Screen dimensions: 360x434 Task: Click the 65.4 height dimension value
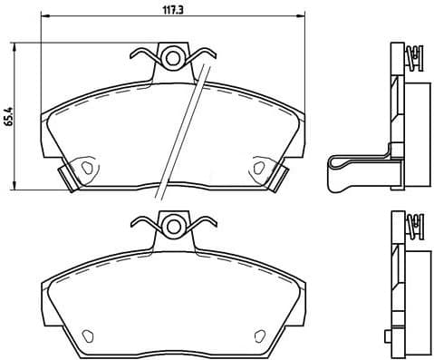coord(9,117)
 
